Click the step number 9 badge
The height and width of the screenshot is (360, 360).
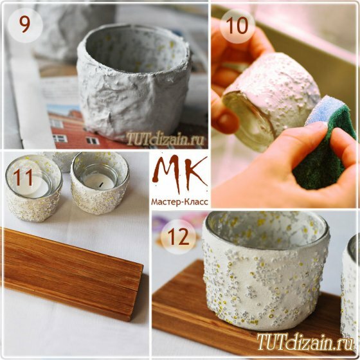tap(25, 25)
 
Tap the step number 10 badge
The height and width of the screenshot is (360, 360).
tap(237, 26)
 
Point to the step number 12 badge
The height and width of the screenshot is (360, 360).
tap(179, 237)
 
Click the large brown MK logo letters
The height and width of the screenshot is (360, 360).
tap(180, 174)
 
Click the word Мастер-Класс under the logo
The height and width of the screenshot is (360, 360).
tap(180, 202)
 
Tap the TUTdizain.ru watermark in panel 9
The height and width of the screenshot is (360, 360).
tap(165, 139)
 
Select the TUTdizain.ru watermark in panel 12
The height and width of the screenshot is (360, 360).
tap(305, 341)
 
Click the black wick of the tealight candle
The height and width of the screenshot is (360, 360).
tap(101, 183)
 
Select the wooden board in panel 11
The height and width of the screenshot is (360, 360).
tap(71, 273)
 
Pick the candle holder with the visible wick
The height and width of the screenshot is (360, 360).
tap(100, 183)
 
